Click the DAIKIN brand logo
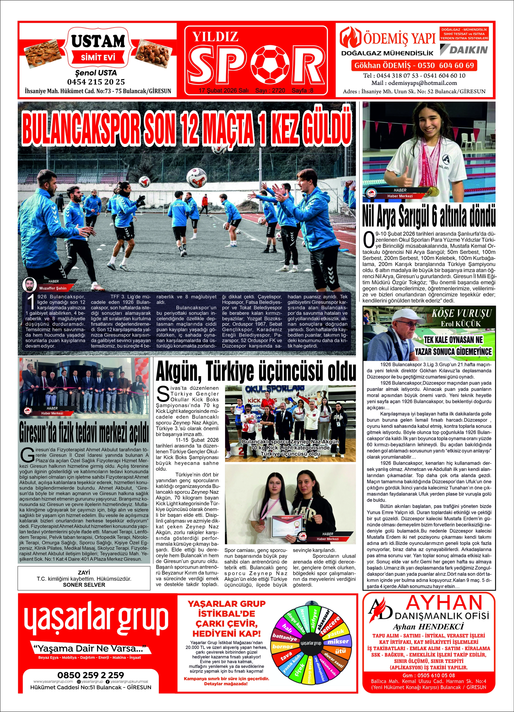point(464,49)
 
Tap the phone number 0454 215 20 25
point(96,82)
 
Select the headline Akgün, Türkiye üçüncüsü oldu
point(256,371)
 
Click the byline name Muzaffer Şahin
point(53,288)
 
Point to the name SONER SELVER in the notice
point(84,585)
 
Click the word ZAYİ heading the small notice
point(84,572)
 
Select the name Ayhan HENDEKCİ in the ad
point(428,627)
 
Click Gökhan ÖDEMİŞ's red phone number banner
point(414,66)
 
